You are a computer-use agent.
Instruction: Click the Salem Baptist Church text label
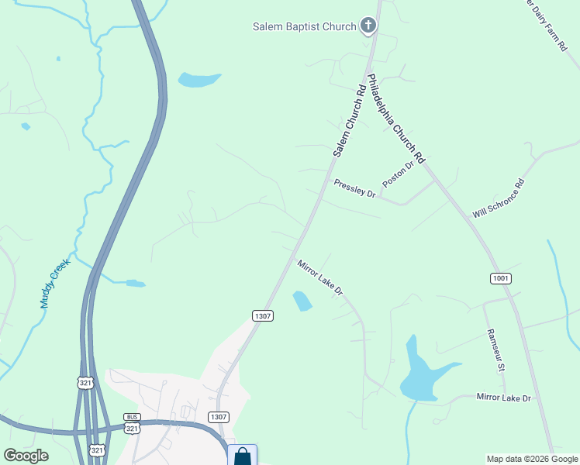[x=304, y=26]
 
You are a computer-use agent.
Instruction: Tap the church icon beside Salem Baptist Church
[x=368, y=26]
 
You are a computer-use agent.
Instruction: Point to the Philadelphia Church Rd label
[x=396, y=118]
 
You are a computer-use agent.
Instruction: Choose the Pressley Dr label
[x=354, y=188]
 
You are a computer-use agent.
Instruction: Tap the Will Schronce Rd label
[x=499, y=198]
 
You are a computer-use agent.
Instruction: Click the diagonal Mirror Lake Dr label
[x=319, y=276]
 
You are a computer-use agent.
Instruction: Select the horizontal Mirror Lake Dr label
[x=503, y=398]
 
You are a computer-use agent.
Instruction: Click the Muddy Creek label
[x=54, y=284]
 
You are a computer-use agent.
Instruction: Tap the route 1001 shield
[x=501, y=278]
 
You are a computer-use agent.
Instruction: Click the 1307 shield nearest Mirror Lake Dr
[x=262, y=315]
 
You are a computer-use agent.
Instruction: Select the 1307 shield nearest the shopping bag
[x=218, y=417]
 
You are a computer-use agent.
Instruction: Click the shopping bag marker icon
[x=242, y=456]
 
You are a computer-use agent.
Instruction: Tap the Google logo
[x=26, y=456]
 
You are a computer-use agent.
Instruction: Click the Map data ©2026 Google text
[x=531, y=459]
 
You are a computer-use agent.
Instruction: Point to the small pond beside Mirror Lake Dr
[x=302, y=301]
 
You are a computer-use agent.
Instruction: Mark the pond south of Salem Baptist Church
[x=199, y=79]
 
